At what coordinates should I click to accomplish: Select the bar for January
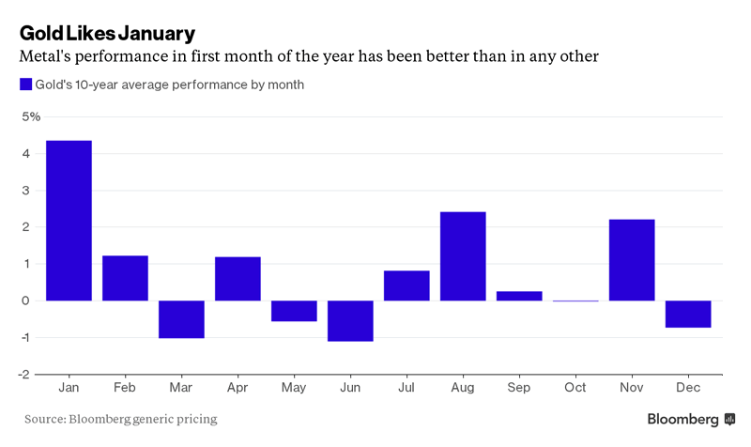click(69, 221)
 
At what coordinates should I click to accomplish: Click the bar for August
click(463, 256)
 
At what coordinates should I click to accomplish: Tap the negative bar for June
click(350, 320)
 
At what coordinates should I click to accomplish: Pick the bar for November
click(632, 260)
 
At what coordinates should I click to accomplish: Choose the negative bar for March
click(181, 319)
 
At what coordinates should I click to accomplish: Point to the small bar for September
click(519, 296)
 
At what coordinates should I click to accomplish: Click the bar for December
click(688, 314)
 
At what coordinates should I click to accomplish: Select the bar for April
click(238, 279)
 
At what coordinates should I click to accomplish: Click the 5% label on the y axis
click(31, 116)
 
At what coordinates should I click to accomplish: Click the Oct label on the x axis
click(575, 388)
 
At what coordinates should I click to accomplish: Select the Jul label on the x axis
click(406, 388)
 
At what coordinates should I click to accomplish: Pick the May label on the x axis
click(294, 388)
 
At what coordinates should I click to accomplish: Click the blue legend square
click(25, 85)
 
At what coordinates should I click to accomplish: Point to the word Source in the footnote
click(44, 419)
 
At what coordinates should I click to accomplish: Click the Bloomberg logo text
click(682, 419)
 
